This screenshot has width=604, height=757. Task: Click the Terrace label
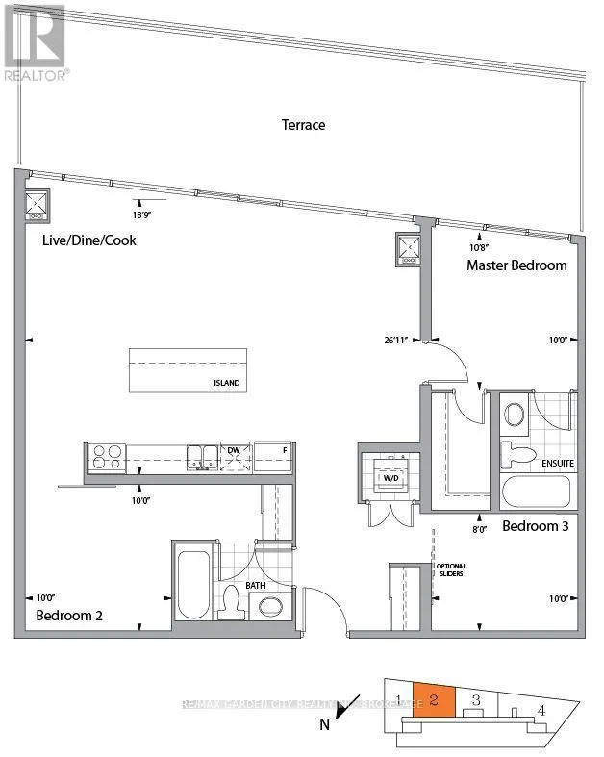[x=303, y=125]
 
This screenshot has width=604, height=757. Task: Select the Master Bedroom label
[x=516, y=265]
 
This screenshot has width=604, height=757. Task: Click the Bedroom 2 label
[x=70, y=615]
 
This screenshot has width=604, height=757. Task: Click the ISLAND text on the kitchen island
[x=227, y=383]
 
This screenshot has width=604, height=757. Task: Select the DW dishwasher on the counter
[x=234, y=449]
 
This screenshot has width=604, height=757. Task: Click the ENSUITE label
[x=558, y=463]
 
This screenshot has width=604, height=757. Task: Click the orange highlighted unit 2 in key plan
[x=434, y=700]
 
